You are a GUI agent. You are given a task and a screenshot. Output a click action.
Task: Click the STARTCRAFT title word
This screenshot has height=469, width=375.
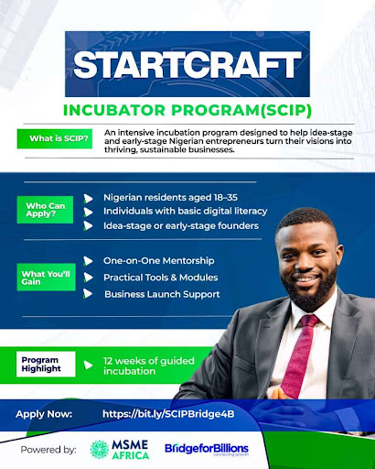coord(187,64)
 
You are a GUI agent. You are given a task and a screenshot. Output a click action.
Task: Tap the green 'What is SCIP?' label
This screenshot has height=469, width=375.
coord(55,138)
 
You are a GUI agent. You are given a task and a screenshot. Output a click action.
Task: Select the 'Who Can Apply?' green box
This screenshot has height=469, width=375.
coord(45,210)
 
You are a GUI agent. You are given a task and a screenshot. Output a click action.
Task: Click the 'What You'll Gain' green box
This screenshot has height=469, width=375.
coord(46,278)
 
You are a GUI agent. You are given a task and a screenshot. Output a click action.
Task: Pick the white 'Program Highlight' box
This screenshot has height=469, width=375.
coord(46,365)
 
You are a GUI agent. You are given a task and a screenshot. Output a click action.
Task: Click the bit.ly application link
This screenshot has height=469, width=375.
coord(168,414)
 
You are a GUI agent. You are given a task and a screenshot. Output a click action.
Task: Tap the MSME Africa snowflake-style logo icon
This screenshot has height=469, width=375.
coord(100,450)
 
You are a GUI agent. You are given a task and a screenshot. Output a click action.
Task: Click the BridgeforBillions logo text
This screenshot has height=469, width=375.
coord(207,449)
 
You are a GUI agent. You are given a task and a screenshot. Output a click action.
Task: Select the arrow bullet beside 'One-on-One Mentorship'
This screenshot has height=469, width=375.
coord(88,261)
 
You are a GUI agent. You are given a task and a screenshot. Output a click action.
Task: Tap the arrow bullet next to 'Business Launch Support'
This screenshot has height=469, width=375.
coord(88,294)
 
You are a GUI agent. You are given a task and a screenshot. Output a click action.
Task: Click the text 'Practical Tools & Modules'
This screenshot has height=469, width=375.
coord(161,278)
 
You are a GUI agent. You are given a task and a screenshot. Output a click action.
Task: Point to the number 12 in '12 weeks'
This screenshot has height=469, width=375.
coord(108,361)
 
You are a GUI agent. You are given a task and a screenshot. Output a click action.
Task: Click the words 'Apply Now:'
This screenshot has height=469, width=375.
coord(44,414)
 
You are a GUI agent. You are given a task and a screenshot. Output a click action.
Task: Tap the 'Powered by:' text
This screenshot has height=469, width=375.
coord(48,450)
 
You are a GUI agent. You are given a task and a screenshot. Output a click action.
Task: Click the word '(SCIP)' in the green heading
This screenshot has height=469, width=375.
coord(285,110)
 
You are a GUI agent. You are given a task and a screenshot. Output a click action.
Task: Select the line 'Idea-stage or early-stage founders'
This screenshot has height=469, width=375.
coord(181,226)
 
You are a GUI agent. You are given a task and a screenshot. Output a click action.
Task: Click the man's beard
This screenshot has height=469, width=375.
coord(309,290)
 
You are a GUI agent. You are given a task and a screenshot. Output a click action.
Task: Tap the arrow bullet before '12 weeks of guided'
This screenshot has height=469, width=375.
coord(88,365)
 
